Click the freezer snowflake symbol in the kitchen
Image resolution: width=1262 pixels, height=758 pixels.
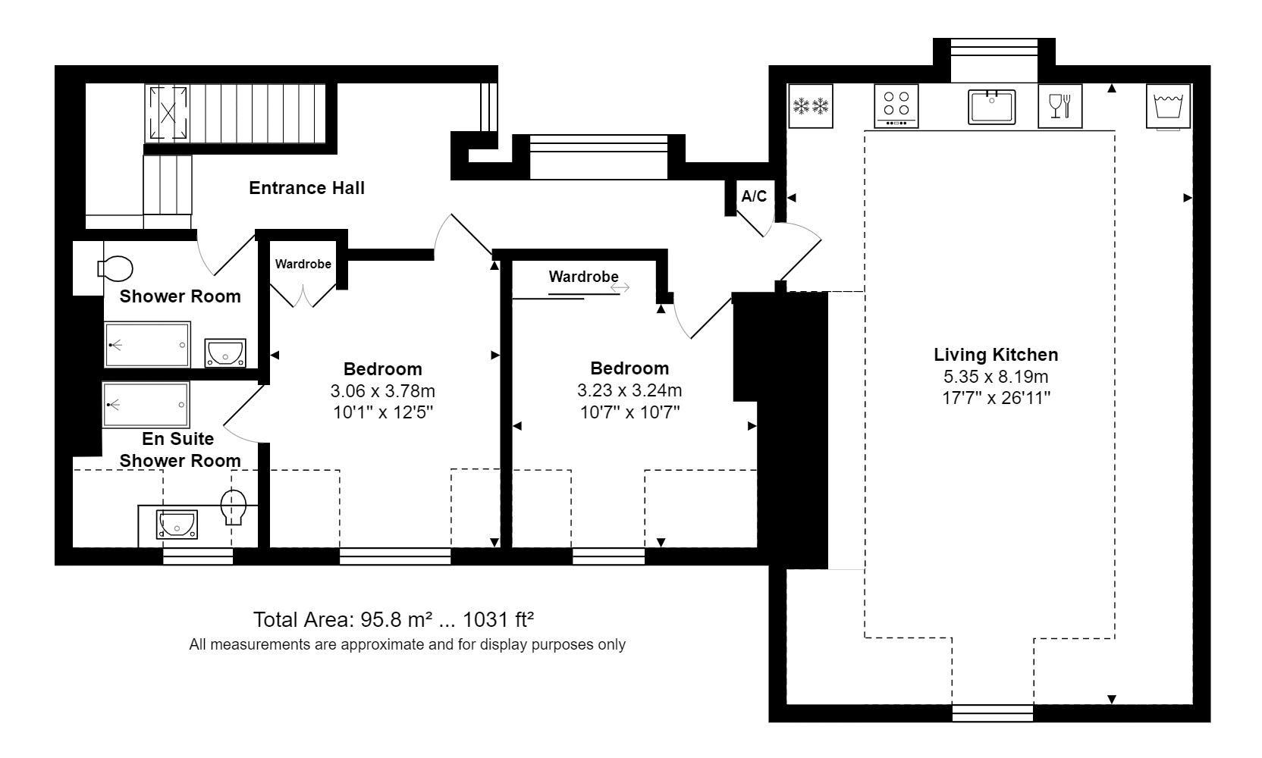pos(811,105)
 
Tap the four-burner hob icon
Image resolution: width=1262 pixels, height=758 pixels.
pos(896,105)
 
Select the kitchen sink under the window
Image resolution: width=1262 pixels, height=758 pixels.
pos(991,106)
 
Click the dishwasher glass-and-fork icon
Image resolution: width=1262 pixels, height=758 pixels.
pos(1060,105)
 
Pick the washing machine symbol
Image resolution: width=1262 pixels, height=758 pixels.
pos(1168,105)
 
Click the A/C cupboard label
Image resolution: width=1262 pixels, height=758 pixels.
pos(754,197)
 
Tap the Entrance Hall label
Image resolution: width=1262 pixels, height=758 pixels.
pos(306,188)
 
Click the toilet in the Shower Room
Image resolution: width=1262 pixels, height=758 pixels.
pos(115,268)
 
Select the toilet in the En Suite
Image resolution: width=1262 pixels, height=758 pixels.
pos(234,506)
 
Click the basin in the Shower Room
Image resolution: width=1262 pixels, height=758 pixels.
pos(225,353)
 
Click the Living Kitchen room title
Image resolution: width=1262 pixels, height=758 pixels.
pos(995,355)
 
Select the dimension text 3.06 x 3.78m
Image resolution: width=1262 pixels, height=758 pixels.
pos(382,391)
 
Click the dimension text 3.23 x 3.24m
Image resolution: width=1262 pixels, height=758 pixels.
pos(629,390)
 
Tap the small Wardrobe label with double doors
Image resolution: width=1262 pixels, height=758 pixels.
pos(303,265)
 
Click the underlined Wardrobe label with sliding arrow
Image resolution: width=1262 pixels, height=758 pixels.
pos(583,277)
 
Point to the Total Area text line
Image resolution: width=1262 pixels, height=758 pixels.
pos(393,620)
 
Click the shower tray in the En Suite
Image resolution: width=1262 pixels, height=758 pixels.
pos(146,405)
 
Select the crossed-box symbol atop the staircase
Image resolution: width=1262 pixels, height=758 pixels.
pos(168,113)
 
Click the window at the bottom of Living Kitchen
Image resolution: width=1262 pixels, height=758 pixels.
pos(992,713)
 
